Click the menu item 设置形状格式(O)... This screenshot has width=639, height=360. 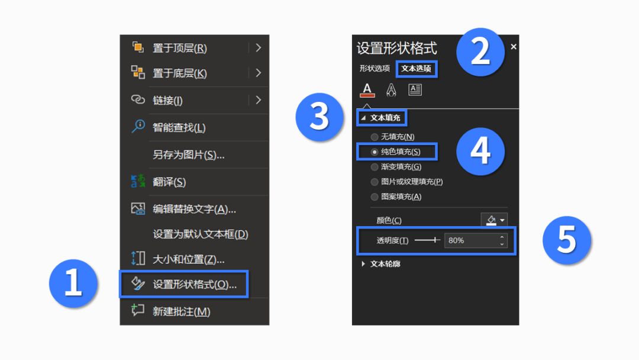tap(195, 284)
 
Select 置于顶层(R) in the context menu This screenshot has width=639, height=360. tap(180, 48)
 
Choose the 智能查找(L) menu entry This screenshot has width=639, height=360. tap(179, 128)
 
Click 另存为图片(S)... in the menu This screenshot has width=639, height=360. tap(188, 155)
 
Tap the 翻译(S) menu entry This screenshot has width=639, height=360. tap(169, 182)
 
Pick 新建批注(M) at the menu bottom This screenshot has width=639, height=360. tap(182, 311)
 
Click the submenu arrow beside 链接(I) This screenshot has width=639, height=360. tap(259, 100)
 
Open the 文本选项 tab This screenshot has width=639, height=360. tap(416, 69)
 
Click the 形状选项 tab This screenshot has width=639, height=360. tap(375, 68)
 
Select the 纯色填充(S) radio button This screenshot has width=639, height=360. tap(374, 152)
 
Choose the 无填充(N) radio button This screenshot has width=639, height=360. tap(374, 137)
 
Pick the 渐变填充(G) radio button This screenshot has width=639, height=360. tap(374, 167)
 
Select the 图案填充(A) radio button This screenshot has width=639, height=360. tap(374, 197)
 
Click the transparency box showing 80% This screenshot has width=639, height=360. tap(475, 240)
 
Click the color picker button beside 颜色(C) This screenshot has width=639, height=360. tap(494, 220)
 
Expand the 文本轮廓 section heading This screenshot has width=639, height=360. tap(385, 263)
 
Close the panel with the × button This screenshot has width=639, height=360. tap(514, 47)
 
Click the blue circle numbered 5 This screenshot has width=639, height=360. tap(566, 240)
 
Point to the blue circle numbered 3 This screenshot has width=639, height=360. tap(319, 117)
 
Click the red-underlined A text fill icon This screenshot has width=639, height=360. tap(367, 89)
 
